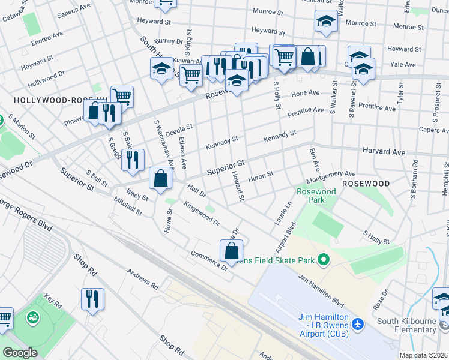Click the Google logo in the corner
coord(20,353)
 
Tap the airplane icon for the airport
coord(358,324)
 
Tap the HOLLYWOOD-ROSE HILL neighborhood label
coord(48,100)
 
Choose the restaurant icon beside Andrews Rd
coord(92,299)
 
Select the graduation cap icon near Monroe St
coord(326,21)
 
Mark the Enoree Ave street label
coord(48,40)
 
